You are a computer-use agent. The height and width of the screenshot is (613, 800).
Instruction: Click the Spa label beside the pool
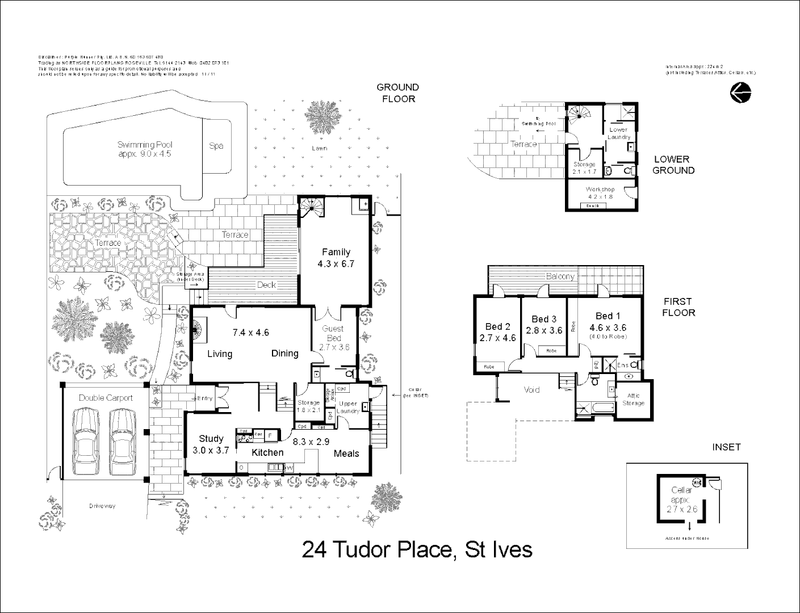pos(216,146)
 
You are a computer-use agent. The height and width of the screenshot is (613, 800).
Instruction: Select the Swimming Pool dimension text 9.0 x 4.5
pos(144,154)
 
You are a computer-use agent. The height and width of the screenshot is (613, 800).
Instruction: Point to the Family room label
pos(336,252)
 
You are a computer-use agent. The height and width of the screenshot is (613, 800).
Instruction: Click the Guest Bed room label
pos(333,333)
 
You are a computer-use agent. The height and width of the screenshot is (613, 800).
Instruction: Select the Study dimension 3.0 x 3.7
pos(211,450)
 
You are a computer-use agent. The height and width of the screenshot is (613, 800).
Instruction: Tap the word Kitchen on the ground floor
pos(267,452)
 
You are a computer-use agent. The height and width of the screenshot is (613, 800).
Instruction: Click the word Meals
pos(346,453)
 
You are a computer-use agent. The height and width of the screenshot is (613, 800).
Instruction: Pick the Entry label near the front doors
pos(204,398)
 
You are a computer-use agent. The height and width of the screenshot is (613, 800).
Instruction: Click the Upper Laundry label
pos(348,407)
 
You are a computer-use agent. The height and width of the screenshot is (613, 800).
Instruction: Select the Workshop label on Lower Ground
pos(600,190)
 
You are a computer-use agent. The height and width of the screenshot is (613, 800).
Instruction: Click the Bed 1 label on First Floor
pos(608,316)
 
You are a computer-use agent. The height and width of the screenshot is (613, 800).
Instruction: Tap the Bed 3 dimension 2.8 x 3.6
pos(544,330)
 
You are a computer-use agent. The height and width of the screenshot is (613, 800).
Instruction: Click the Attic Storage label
pos(633,400)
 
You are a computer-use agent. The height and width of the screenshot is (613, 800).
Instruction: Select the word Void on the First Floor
pos(531,390)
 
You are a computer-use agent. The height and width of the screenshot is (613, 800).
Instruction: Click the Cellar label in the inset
pos(681,490)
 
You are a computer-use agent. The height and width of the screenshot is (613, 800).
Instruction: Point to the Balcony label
pos(560,276)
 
